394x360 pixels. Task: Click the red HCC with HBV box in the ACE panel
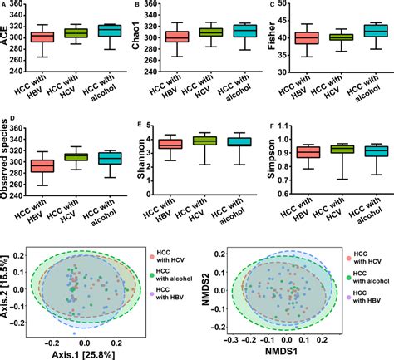click(x=42, y=37)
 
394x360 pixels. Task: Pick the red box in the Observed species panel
click(x=42, y=166)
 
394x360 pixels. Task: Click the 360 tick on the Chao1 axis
click(x=151, y=6)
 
